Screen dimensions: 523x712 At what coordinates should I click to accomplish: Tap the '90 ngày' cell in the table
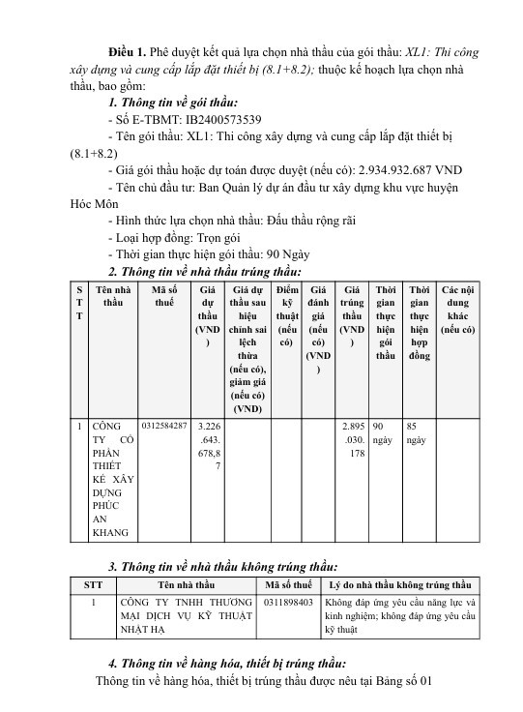[384, 432]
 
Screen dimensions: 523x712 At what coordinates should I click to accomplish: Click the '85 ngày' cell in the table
[417, 432]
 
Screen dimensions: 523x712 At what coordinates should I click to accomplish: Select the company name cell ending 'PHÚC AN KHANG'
[111, 478]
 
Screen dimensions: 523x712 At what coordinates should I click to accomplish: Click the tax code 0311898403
[288, 601]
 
